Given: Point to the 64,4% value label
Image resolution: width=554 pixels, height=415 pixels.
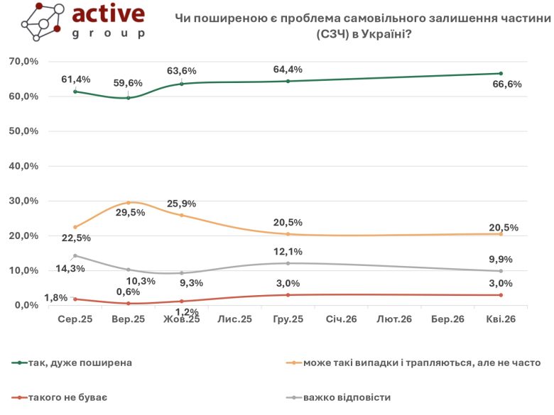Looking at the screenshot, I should click(288, 69).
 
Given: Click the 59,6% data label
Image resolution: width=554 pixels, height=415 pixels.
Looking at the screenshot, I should click(129, 83).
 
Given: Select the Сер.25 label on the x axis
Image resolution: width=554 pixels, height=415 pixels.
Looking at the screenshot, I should click(75, 320).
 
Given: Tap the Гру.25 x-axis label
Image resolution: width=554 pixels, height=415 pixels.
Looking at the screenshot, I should click(288, 320).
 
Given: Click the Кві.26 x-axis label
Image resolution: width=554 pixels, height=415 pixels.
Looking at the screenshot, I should click(501, 320).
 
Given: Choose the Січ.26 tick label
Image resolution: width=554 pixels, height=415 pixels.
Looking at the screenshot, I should click(341, 320).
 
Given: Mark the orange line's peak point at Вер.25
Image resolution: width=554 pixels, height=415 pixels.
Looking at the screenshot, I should click(129, 202).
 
